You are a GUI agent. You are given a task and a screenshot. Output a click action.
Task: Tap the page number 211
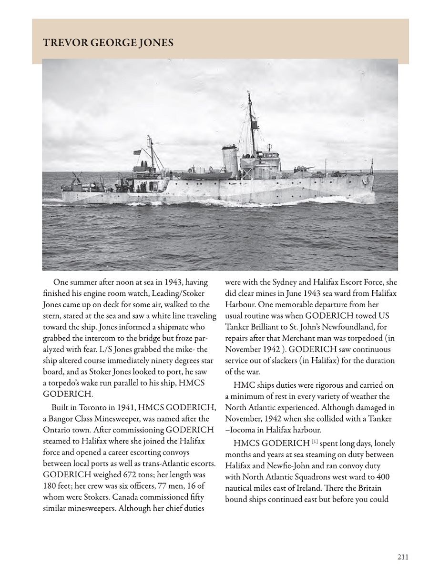(x=402, y=556)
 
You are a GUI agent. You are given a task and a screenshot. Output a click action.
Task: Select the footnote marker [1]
(x=316, y=443)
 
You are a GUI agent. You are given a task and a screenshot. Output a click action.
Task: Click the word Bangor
(x=66, y=419)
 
